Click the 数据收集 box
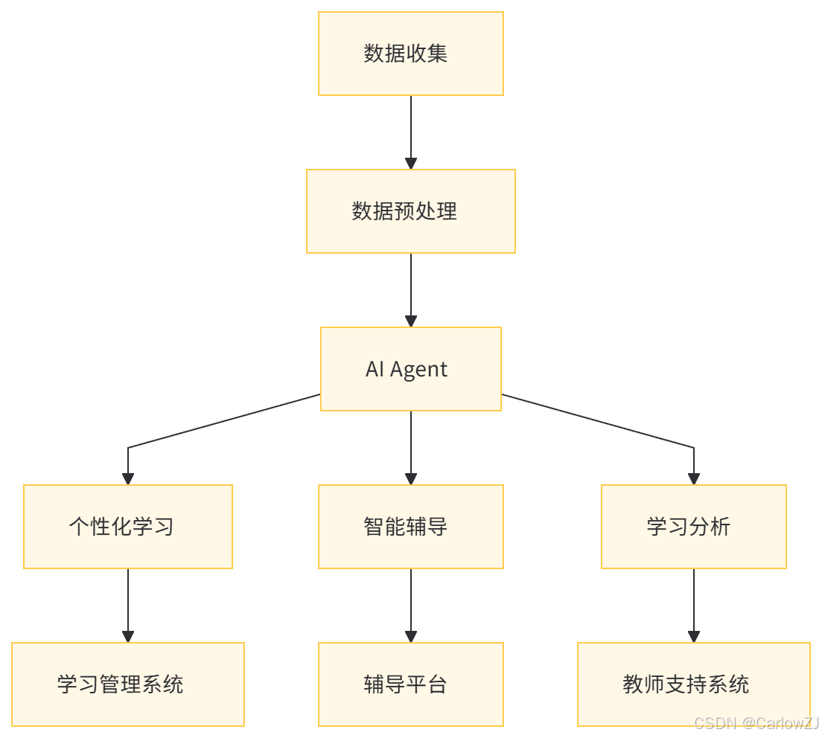pyautogui.click(x=411, y=54)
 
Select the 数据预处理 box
pyautogui.click(x=411, y=211)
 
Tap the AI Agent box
pyautogui.click(x=411, y=369)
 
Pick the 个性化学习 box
pyautogui.click(x=128, y=527)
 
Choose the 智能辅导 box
pyautogui.click(x=411, y=527)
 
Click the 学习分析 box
pyautogui.click(x=694, y=527)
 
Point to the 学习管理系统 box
pyautogui.click(x=128, y=684)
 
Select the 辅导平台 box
pyautogui.click(x=411, y=684)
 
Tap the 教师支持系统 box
pyautogui.click(x=694, y=684)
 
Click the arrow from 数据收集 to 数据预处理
pyautogui.click(x=411, y=130)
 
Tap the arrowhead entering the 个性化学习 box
pyautogui.click(x=128, y=478)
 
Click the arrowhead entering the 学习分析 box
pyautogui.click(x=694, y=478)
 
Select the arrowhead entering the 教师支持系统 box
pyautogui.click(x=694, y=636)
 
